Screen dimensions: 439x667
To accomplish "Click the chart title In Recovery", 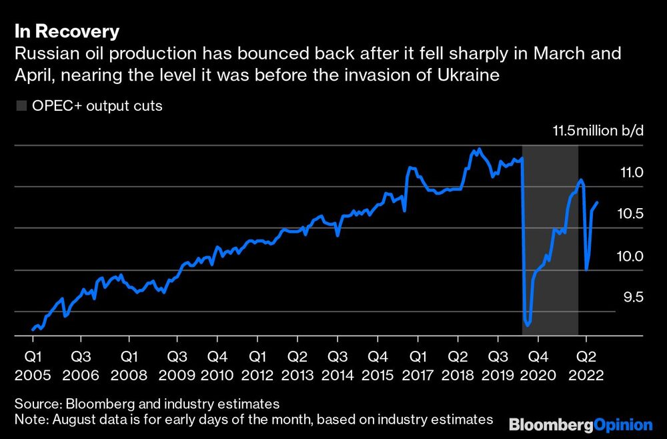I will tap(67, 31).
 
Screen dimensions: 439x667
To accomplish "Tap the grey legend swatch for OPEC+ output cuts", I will tap(21, 106).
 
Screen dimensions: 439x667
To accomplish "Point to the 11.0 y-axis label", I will tap(630, 173).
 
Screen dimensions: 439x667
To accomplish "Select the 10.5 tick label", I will tap(630, 214).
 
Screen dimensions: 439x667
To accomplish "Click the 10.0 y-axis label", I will tap(630, 256).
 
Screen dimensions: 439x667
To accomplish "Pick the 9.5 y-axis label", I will tap(630, 297).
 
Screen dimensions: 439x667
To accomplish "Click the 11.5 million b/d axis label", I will tap(598, 130).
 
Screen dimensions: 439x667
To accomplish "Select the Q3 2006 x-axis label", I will tap(81, 366).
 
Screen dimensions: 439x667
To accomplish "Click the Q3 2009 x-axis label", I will tap(177, 366).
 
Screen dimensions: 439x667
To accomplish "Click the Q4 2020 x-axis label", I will tap(539, 366).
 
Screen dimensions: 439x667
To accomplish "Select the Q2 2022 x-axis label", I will tap(586, 366).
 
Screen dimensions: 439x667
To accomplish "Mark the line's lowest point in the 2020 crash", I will tap(528, 325).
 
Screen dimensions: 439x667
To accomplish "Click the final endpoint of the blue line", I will tap(597, 202).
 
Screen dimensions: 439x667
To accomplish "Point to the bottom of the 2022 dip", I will tap(586, 270).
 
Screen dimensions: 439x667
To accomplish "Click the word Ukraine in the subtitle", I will tap(472, 75).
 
